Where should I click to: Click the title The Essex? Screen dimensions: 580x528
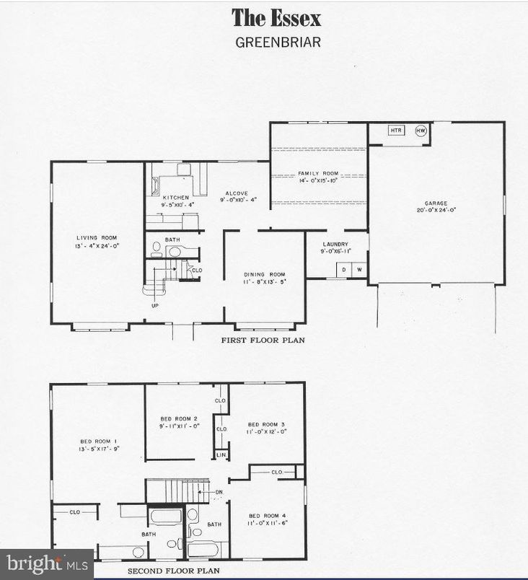point(276,17)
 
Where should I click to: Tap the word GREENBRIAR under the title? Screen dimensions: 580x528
point(278,41)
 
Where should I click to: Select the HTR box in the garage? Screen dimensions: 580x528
point(395,131)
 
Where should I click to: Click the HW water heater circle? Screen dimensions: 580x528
point(421,131)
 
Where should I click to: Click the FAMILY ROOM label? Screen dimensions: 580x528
point(319,173)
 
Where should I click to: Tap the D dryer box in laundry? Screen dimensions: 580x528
point(343,270)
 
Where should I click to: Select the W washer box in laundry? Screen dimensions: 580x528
point(358,270)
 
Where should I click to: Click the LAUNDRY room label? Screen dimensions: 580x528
point(335,245)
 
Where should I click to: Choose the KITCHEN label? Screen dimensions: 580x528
point(176,198)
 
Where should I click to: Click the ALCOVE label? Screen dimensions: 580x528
point(236,193)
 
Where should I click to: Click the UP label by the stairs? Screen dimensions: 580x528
point(154,305)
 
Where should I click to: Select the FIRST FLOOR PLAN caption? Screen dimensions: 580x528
point(263,338)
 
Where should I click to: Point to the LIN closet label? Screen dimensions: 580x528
point(221,455)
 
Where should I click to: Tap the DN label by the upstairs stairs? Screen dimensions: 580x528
point(219,493)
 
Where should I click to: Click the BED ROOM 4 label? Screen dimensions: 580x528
point(268,515)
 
